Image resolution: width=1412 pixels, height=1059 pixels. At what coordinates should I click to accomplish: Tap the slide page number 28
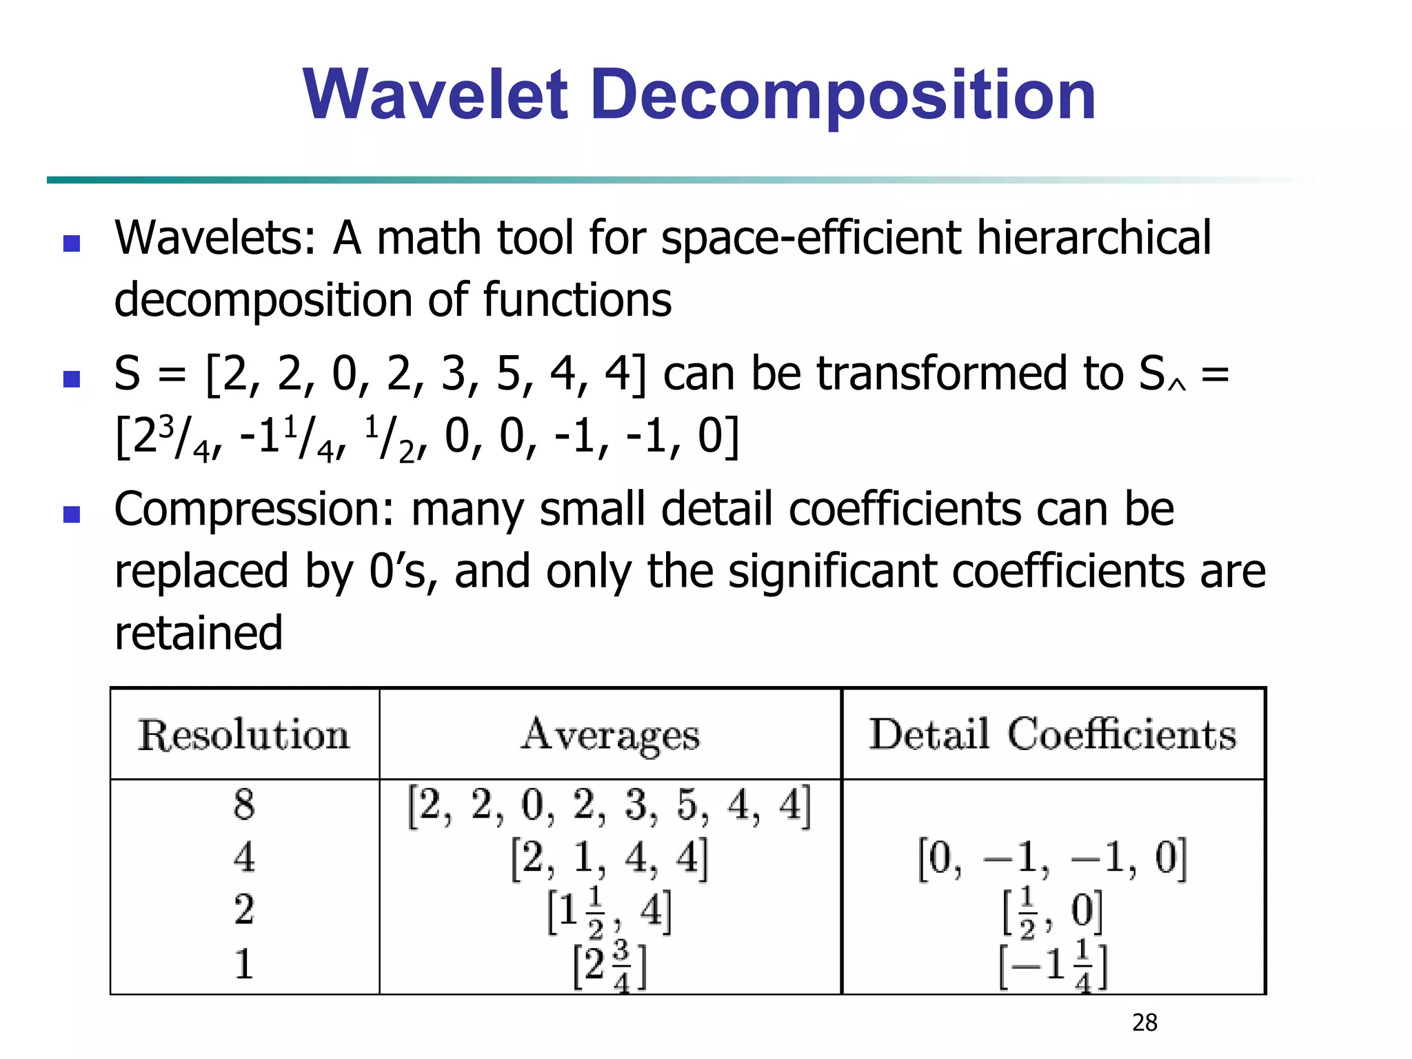(x=1144, y=1022)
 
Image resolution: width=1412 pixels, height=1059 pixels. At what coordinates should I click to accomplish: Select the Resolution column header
(x=244, y=735)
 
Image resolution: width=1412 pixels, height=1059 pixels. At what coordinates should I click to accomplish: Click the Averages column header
(x=610, y=735)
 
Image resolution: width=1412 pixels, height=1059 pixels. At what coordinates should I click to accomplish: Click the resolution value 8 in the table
(x=243, y=804)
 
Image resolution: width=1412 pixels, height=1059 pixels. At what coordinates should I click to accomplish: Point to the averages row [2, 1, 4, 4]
(x=609, y=858)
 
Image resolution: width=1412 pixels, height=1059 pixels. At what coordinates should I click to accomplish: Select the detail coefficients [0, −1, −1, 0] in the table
(x=1052, y=858)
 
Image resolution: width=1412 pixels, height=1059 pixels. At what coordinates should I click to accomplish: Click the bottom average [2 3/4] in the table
(x=610, y=965)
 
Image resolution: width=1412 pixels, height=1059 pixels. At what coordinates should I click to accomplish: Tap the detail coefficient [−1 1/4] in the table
(x=1053, y=965)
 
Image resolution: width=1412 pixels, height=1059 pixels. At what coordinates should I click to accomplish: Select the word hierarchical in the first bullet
(x=1093, y=238)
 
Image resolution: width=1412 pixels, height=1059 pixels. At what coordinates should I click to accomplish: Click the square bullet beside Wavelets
(x=72, y=243)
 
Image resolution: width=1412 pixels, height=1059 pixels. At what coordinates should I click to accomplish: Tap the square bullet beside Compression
(x=72, y=514)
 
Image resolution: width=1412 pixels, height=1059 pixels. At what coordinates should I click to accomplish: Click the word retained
(x=199, y=633)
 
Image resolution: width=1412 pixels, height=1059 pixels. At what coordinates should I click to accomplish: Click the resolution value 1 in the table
(x=243, y=964)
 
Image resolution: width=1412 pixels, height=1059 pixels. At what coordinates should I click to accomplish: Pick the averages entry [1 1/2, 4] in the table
(x=609, y=911)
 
